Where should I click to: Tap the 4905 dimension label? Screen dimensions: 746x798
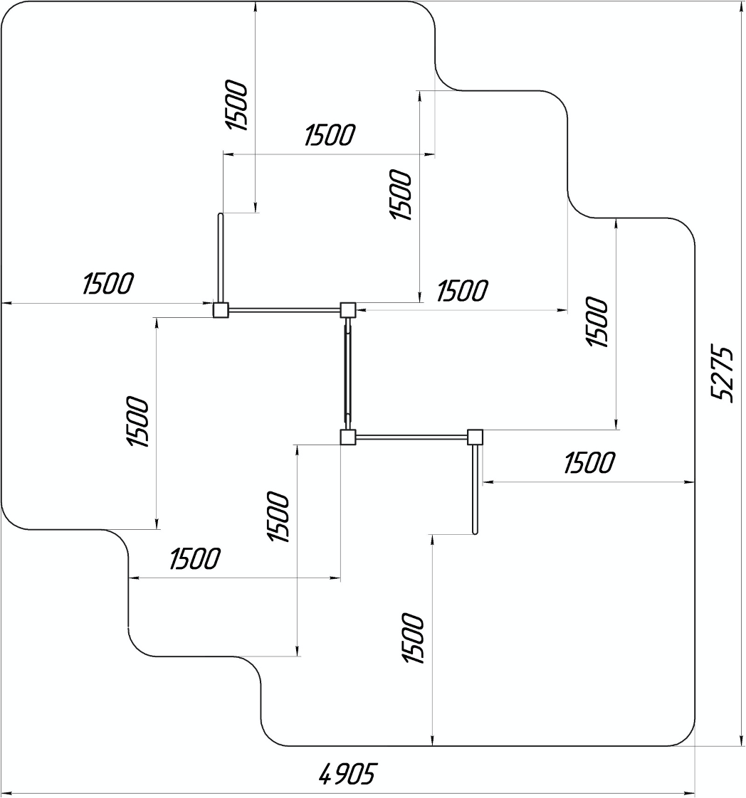346,775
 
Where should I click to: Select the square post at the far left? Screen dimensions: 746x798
221,310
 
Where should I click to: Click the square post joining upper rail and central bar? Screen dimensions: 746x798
347,310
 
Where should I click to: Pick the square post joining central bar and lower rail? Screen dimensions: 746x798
347,437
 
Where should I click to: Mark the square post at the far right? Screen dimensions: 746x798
475,437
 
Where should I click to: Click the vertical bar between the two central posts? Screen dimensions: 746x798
347,373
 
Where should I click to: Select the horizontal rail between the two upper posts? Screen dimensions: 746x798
284,310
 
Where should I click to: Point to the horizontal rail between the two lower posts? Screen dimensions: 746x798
411,437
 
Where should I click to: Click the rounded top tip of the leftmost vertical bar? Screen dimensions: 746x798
221,215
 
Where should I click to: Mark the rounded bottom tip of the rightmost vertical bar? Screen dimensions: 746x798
476,531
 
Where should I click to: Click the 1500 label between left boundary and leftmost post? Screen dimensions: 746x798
107,284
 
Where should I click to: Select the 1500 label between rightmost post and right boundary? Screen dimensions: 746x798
589,463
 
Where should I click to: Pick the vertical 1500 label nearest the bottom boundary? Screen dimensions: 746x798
414,638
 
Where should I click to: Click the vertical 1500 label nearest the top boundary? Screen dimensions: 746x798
238,106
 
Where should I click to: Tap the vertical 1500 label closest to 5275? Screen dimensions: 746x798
597,322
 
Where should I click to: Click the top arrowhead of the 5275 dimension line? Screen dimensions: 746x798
742,6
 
